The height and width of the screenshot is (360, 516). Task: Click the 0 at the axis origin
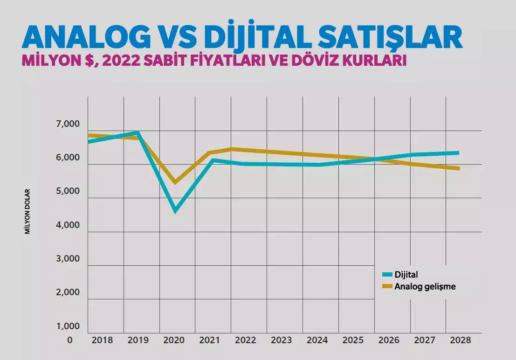70,340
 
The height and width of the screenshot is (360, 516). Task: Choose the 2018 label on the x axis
102,340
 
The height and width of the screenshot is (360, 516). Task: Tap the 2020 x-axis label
174,340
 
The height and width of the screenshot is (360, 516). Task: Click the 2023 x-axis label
281,340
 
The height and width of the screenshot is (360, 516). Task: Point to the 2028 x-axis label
460,340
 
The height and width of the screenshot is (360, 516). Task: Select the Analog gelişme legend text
425,286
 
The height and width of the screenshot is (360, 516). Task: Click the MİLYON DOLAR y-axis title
28,211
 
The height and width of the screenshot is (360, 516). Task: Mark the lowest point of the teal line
175,211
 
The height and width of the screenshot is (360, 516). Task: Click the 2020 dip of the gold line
175,182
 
